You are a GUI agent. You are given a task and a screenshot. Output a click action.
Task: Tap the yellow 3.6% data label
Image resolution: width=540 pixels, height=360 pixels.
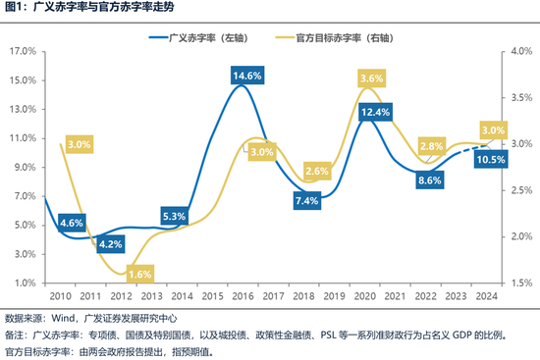coord(372,77)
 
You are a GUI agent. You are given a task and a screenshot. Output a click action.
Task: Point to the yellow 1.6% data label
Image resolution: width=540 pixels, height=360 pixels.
coord(139,274)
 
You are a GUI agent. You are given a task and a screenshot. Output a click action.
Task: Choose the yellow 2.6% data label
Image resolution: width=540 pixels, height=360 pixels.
coord(317,172)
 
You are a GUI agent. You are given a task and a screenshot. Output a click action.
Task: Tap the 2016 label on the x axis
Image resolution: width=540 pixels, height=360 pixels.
coord(242,295)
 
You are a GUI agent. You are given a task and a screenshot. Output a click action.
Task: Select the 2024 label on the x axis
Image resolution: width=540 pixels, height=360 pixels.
coord(484,295)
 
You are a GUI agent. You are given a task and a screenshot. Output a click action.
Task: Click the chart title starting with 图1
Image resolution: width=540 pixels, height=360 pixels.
coord(94,10)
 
